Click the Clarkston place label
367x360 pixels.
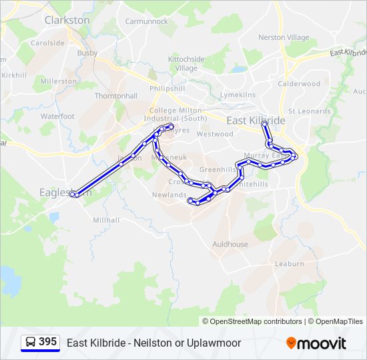(x=67, y=20)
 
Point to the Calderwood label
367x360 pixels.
(x=299, y=84)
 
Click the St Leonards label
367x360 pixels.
(x=309, y=111)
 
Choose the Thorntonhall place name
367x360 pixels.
(x=115, y=96)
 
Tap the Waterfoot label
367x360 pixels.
(x=57, y=116)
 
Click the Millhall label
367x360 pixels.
(x=106, y=220)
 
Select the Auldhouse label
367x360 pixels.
(x=230, y=245)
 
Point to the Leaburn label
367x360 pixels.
(x=290, y=264)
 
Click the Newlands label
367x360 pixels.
(x=169, y=195)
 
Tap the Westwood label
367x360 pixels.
(x=215, y=134)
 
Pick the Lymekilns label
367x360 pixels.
(x=238, y=95)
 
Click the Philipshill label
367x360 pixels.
(x=167, y=88)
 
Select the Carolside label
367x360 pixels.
(x=47, y=43)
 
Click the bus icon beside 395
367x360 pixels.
(x=31, y=343)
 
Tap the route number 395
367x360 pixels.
(x=47, y=342)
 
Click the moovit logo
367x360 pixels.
(x=316, y=343)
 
